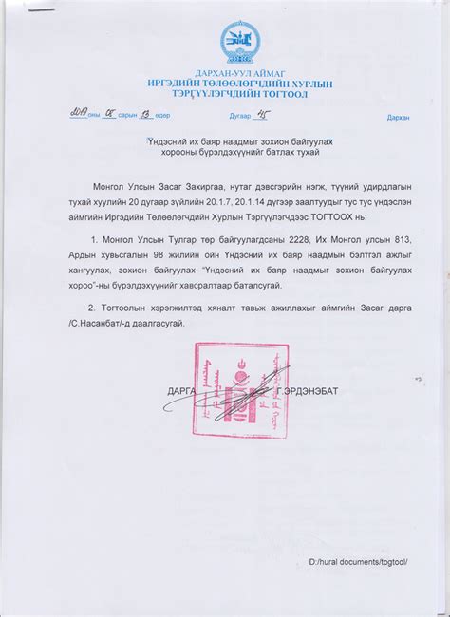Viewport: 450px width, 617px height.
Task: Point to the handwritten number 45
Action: pos(280,115)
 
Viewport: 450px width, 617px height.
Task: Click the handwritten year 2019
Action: pos(74,115)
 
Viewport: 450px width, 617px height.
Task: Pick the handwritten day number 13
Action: pos(146,115)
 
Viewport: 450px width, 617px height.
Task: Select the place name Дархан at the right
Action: pos(398,118)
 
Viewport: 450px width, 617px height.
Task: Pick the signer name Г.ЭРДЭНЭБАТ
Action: pos(303,390)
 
